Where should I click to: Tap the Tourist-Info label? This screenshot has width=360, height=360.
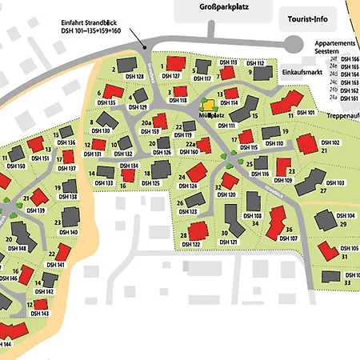305,17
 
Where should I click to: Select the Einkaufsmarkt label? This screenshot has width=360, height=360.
302,71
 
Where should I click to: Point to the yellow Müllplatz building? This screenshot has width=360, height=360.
207,104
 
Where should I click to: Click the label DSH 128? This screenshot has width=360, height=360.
134,77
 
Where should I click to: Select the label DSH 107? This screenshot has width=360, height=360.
289,238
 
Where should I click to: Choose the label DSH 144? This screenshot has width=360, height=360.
6,344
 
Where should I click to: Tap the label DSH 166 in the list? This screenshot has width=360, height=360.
350,59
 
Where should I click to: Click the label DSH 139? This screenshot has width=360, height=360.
35,210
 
